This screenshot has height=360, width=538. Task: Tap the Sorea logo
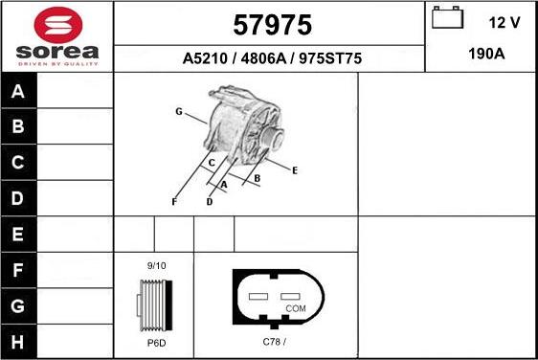[56, 35]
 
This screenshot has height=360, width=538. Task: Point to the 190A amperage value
[486, 55]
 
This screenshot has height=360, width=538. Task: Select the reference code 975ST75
[331, 58]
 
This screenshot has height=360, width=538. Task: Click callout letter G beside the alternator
[178, 112]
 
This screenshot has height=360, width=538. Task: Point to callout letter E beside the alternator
[295, 170]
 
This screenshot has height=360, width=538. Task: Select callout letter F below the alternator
[174, 202]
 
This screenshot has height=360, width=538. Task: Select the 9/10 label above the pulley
[155, 264]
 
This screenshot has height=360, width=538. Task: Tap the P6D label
[155, 342]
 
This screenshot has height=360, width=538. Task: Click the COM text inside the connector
[296, 308]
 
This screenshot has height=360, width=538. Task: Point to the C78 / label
[275, 342]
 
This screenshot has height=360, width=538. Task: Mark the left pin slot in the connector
[258, 297]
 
